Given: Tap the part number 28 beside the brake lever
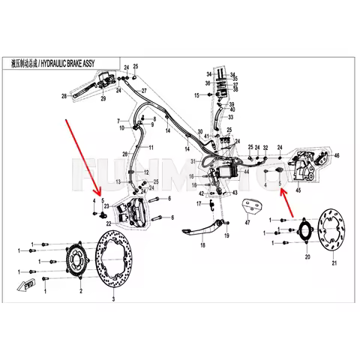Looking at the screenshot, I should pyautogui.click(x=64, y=96).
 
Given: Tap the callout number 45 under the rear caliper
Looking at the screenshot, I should pyautogui.click(x=279, y=191).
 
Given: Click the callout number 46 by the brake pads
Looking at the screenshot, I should pyautogui.click(x=337, y=155).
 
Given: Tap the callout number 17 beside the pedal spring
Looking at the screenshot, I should pyautogui.click(x=199, y=203).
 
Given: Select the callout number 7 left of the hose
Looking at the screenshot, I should pyautogui.click(x=118, y=121).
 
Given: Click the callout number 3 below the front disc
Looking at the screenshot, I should pyautogui.click(x=114, y=298).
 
